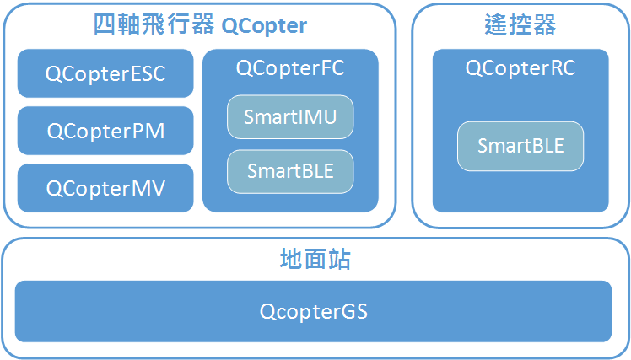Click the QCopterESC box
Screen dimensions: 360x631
105,73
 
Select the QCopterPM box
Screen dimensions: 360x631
105,131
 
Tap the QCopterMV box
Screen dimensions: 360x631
105,187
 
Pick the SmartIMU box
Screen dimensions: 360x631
290,117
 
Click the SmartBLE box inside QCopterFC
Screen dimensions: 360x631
290,171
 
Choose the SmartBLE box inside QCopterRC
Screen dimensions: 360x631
520,145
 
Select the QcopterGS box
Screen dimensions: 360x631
313,311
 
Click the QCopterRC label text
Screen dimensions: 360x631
520,68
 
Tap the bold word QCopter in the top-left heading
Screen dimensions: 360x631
264,26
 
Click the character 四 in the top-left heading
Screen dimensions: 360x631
105,25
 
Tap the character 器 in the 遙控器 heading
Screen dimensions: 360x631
545,25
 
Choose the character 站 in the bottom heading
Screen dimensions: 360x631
339,259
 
